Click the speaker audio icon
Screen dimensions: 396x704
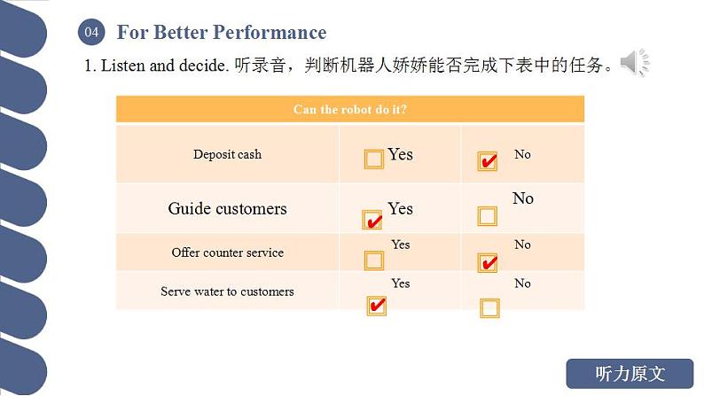click(x=634, y=63)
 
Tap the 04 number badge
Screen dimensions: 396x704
click(x=91, y=33)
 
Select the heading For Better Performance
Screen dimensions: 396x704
click(x=222, y=33)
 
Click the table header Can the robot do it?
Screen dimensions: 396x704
click(x=349, y=110)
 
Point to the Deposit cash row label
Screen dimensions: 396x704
click(x=227, y=154)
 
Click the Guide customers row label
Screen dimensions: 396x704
click(x=227, y=209)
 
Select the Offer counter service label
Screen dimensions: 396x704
click(x=227, y=252)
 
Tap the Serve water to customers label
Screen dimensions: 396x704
click(x=227, y=291)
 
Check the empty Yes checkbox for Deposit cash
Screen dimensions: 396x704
click(x=374, y=159)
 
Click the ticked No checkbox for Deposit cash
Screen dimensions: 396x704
click(x=487, y=161)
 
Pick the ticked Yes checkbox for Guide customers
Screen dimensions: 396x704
click(x=372, y=220)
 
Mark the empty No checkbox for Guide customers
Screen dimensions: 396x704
click(x=488, y=216)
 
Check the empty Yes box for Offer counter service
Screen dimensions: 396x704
click(x=374, y=260)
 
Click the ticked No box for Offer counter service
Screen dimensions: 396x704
click(x=487, y=262)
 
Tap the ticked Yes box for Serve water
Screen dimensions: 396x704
click(x=376, y=306)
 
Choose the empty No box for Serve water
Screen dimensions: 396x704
click(x=489, y=307)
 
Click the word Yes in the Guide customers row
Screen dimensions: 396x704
click(x=400, y=209)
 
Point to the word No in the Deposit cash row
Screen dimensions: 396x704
click(x=522, y=154)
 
